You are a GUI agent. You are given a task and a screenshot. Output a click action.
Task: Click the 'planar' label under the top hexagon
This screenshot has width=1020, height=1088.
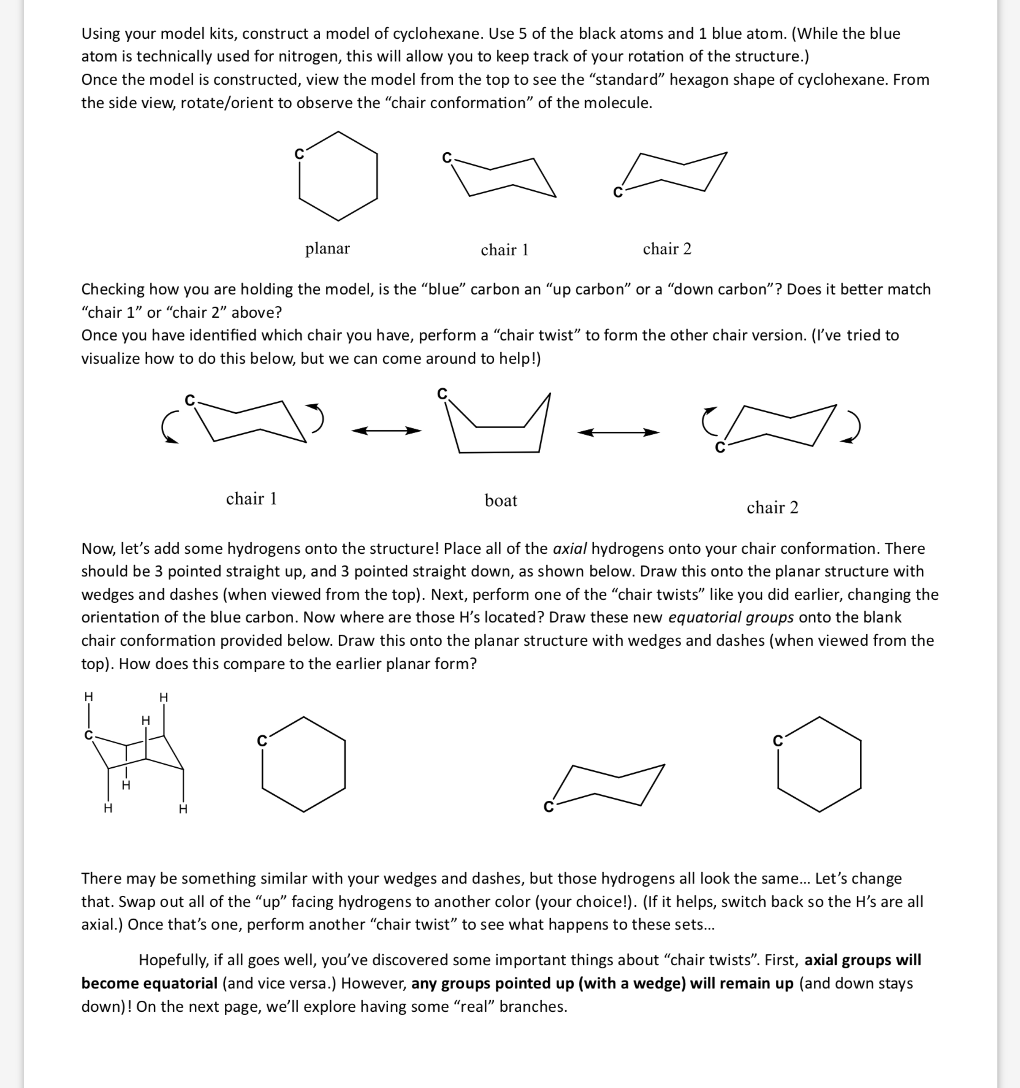tap(327, 248)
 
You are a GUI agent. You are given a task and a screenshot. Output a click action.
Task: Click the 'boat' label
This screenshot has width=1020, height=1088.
tap(501, 500)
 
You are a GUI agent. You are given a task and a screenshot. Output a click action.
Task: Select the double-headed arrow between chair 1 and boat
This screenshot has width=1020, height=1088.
tap(386, 431)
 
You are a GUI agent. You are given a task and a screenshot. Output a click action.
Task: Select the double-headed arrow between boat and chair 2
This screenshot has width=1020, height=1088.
tap(618, 432)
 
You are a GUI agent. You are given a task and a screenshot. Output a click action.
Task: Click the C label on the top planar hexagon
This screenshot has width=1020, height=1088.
tap(299, 154)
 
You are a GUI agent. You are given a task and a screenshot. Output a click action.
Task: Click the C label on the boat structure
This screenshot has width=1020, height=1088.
tap(442, 394)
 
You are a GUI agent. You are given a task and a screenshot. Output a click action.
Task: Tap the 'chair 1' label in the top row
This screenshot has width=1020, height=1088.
tap(504, 250)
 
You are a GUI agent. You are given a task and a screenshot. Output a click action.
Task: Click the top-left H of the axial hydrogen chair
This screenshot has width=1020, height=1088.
tap(88, 697)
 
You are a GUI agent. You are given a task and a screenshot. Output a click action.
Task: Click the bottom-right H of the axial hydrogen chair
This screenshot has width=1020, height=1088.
tap(183, 809)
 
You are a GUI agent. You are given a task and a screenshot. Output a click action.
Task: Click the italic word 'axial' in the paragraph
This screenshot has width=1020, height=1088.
tap(570, 548)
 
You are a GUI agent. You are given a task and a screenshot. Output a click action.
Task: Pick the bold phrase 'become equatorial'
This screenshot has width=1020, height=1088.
tap(149, 983)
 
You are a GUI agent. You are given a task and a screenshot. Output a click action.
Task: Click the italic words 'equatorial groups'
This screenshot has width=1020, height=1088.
tap(731, 617)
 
